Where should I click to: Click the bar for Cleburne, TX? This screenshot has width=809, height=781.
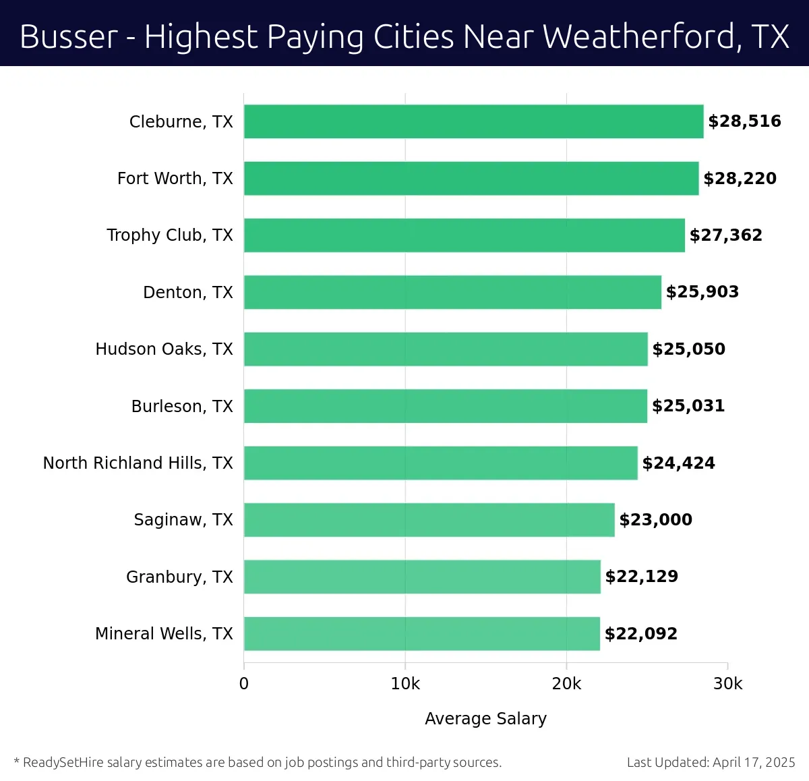(x=473, y=121)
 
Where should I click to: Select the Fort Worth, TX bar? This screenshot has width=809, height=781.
(x=471, y=178)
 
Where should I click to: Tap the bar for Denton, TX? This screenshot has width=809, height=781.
(x=452, y=292)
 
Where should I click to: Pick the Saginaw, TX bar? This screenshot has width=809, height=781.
(x=429, y=520)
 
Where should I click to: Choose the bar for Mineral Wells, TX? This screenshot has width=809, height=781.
(x=422, y=634)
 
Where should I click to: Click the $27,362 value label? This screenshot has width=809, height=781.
(x=725, y=235)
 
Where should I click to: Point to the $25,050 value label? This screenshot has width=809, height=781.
(x=688, y=349)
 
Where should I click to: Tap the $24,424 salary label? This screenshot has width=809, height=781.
(x=678, y=463)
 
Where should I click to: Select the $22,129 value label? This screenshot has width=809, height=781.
(x=641, y=577)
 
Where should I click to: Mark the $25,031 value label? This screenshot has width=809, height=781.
(x=688, y=406)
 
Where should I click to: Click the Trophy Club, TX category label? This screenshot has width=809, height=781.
(x=170, y=235)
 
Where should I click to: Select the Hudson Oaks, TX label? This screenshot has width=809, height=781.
(x=164, y=349)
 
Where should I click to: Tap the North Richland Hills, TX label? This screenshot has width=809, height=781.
(x=138, y=463)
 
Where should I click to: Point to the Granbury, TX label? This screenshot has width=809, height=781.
(x=179, y=577)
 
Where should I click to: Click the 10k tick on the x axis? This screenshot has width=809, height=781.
(x=405, y=684)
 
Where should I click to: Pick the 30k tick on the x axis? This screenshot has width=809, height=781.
(x=727, y=684)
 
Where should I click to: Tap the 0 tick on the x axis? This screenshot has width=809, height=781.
(x=244, y=684)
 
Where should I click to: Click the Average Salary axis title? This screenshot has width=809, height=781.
(x=485, y=719)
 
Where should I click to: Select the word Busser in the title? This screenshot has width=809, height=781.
(x=69, y=36)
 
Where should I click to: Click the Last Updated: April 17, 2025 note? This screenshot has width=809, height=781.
(x=711, y=763)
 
